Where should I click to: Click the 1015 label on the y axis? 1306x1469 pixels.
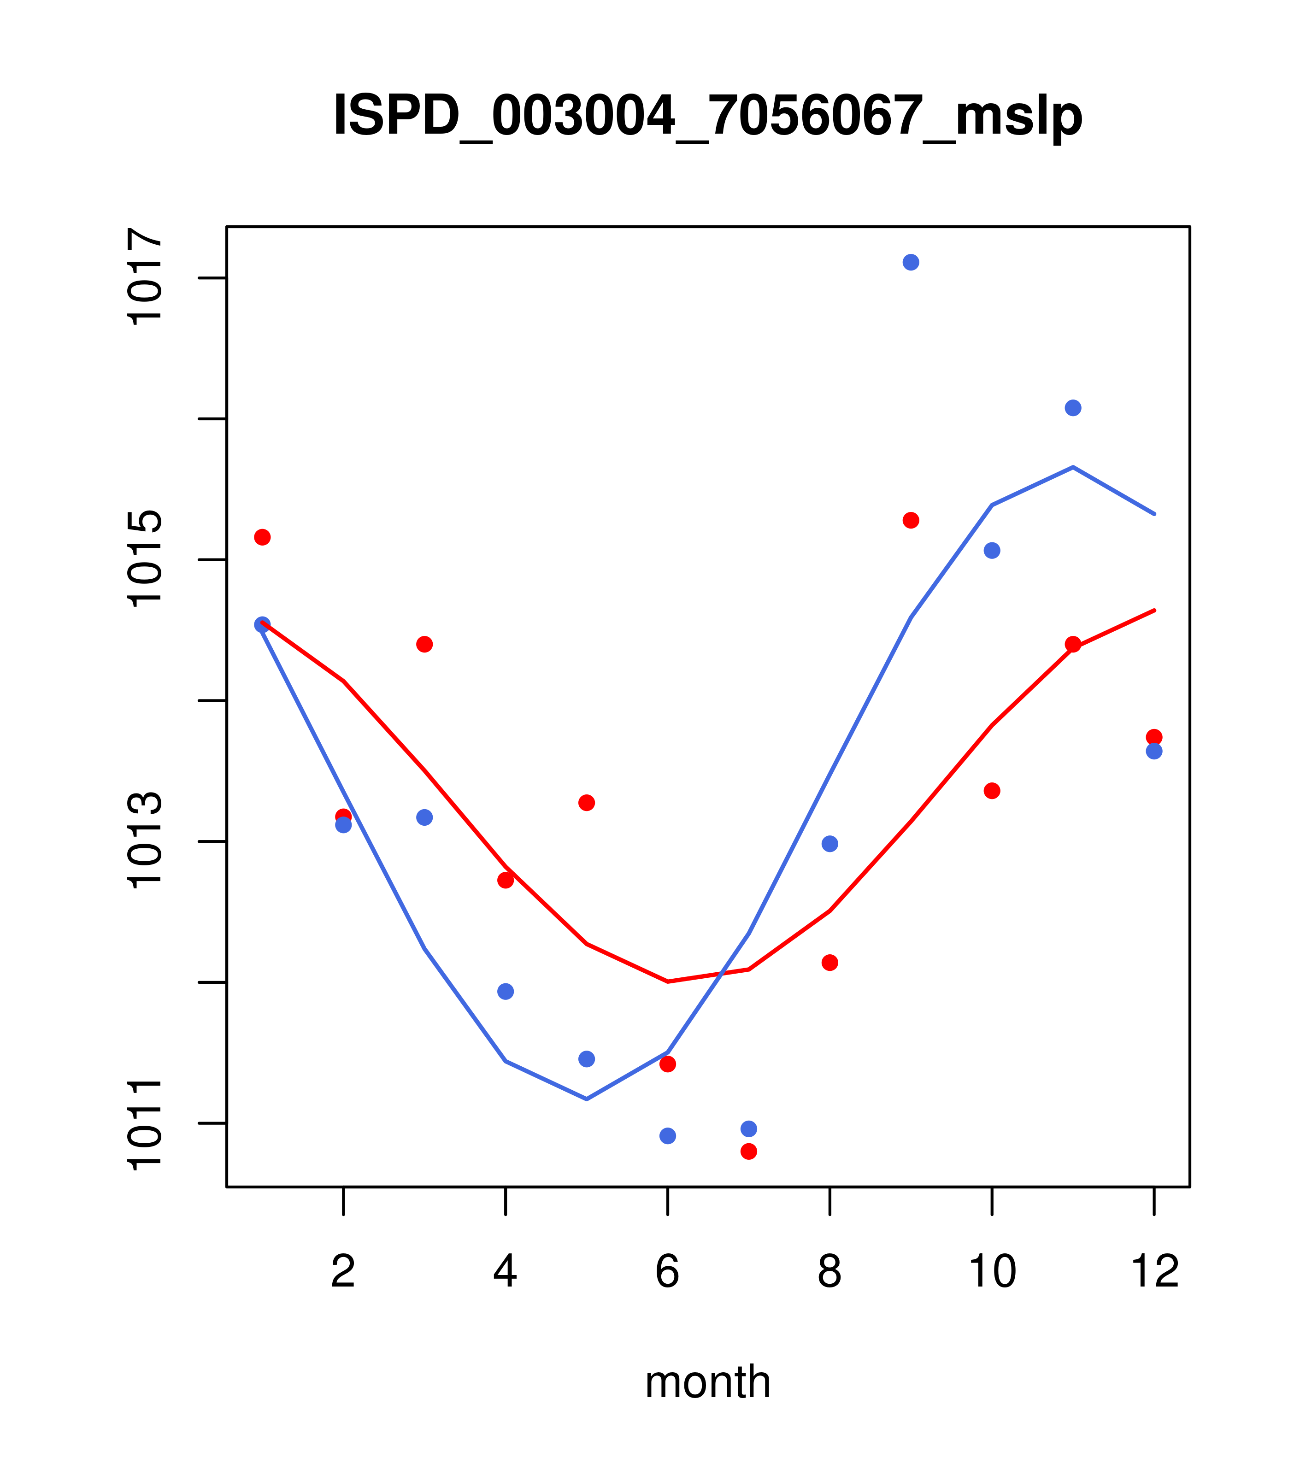tap(146, 558)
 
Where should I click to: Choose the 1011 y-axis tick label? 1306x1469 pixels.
tap(146, 1122)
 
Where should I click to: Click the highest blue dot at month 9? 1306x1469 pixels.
tap(911, 262)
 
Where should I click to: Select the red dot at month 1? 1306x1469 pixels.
tap(262, 537)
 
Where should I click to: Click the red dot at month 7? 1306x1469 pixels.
tap(748, 1152)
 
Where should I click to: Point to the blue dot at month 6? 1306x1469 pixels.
tap(668, 1135)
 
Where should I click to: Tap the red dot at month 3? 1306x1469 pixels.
tap(425, 644)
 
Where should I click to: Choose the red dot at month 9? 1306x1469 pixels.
tap(911, 520)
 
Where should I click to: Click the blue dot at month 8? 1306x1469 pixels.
tap(829, 844)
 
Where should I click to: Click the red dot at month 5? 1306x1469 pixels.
tap(587, 803)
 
